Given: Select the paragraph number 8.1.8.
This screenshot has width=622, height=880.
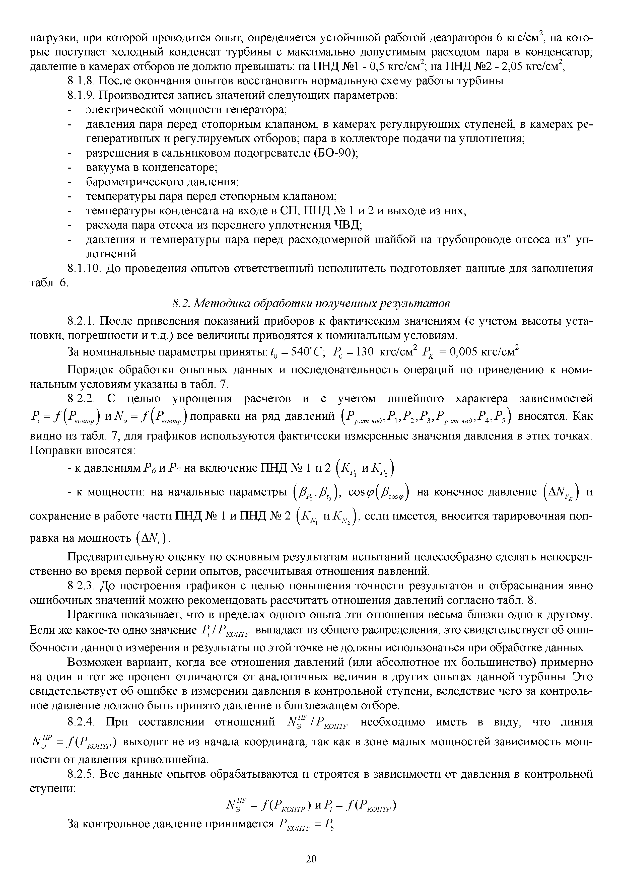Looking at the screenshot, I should (82, 81).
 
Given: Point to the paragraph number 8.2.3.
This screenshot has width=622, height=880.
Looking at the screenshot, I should (81, 586).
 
